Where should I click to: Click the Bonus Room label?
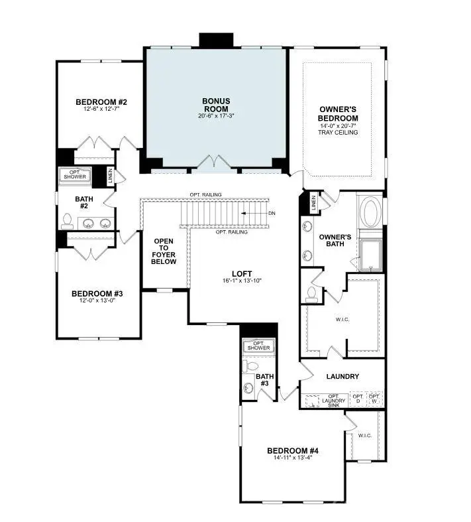216,105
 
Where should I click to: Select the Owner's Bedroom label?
339,113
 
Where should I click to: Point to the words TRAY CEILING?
339,133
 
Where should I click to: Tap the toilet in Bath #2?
67,220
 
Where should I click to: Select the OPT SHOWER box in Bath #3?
258,345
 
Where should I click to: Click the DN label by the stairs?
272,213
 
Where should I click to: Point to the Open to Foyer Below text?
165,251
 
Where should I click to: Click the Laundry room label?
342,377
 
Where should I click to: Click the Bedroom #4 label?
293,450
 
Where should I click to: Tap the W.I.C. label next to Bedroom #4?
365,436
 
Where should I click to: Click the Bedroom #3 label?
97,293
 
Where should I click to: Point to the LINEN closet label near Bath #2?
111,176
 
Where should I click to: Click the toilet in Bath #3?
250,366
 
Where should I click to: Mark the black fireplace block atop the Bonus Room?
217,39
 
